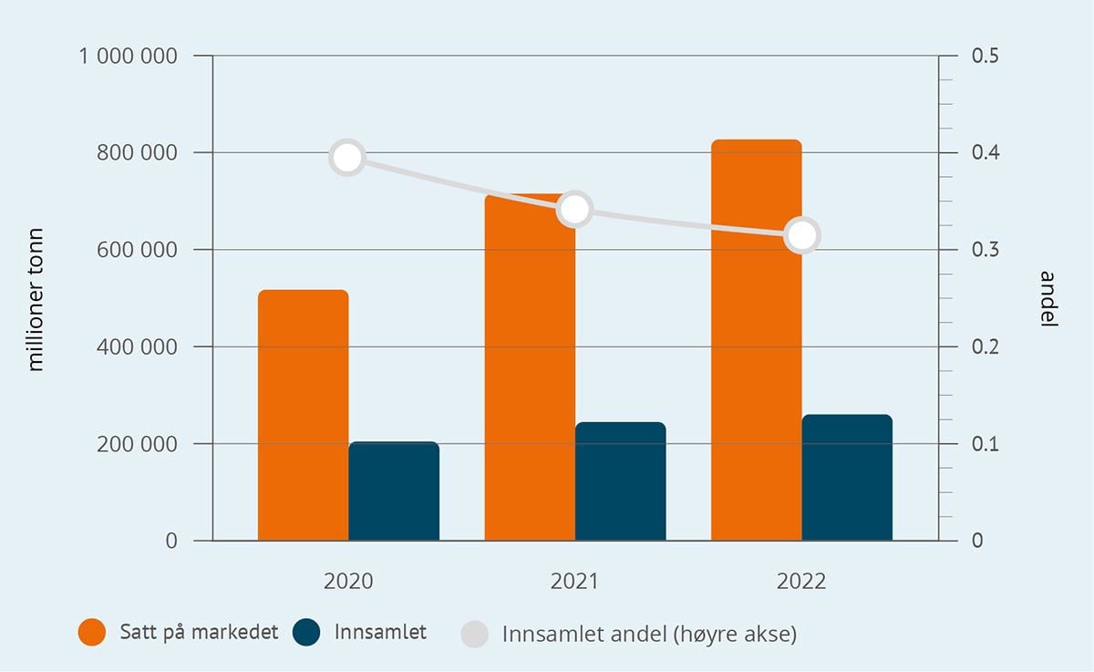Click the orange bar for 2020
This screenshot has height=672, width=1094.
303,415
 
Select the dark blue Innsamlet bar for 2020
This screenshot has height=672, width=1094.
394,491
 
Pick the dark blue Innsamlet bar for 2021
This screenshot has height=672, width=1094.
621,481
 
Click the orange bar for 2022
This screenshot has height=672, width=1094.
756,340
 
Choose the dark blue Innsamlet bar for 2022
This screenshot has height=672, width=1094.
847,478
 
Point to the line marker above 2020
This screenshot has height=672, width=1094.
347,158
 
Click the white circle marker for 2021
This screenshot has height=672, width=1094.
574,210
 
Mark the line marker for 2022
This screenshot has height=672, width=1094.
802,235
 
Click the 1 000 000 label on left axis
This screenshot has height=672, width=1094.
128,57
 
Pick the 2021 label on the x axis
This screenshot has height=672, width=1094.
574,582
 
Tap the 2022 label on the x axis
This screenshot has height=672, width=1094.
801,582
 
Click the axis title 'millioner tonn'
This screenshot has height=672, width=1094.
36,299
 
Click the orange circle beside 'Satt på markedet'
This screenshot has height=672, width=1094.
92,633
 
